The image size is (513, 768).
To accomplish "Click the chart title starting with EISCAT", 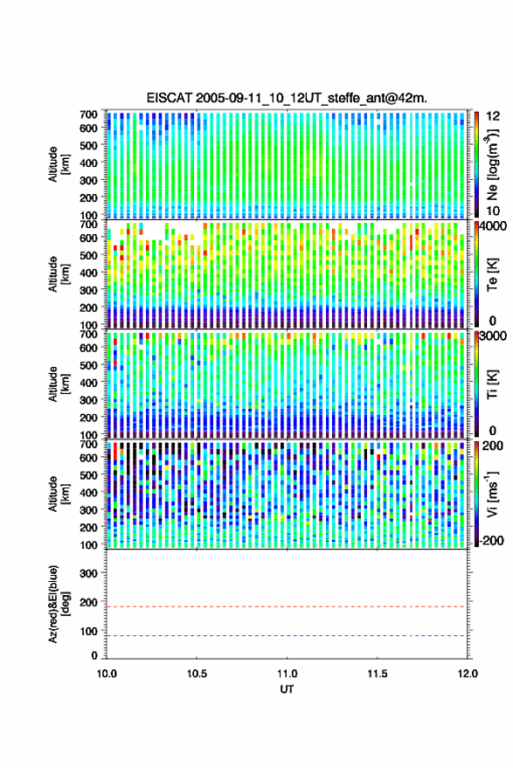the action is [287, 98].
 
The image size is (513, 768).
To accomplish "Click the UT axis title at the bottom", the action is [287, 689].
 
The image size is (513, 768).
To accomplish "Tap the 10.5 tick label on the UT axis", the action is [197, 674].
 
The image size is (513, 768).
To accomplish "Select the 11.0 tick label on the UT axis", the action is [287, 674].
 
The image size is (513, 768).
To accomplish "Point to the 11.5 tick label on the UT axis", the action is [377, 674].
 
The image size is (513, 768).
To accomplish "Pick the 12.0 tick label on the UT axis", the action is [468, 674].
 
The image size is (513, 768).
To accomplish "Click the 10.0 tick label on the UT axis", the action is [107, 674].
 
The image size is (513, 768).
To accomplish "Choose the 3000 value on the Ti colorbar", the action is [494, 336].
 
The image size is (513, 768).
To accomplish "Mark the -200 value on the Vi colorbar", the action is [490, 540].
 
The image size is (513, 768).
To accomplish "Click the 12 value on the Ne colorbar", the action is [493, 116].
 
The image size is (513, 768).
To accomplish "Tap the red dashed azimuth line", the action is [286, 606].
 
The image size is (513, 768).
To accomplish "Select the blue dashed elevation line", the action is [286, 636].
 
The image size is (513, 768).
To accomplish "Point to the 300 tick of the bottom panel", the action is [88, 573].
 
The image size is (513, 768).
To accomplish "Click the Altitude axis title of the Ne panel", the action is [58, 164].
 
